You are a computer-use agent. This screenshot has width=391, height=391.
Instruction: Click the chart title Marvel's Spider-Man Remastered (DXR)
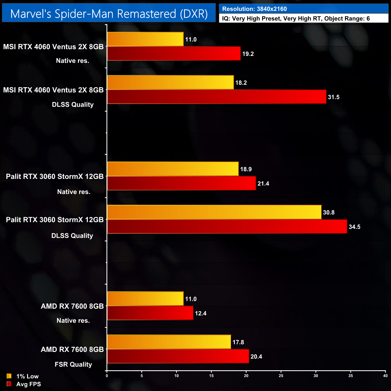109,14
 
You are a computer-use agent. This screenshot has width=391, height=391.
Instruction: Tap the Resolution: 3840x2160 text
254,9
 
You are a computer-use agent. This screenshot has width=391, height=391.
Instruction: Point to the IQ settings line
296,19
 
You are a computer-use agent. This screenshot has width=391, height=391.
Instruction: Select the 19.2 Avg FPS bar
174,54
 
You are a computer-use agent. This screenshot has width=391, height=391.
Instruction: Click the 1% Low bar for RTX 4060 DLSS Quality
170,82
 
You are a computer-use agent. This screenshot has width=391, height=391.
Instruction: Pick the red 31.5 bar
217,97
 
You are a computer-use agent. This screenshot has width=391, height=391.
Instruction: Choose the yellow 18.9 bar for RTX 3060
173,169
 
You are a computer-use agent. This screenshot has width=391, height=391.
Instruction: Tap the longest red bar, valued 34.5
227,226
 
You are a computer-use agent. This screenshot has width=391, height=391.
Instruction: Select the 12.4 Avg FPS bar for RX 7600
150,313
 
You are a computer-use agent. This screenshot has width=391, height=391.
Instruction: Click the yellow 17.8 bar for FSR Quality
169,342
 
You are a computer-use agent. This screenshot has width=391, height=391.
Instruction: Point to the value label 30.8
329,213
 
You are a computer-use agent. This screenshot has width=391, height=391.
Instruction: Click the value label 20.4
256,357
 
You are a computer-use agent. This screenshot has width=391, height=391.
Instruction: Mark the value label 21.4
263,184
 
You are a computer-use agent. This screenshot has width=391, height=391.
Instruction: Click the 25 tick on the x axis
281,376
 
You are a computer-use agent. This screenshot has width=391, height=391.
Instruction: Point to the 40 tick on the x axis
385,376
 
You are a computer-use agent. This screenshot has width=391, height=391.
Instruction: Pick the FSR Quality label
73,365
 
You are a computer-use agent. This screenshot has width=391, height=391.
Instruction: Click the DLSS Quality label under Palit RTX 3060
72,236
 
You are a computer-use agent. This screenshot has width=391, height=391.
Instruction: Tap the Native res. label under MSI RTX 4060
72,61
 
